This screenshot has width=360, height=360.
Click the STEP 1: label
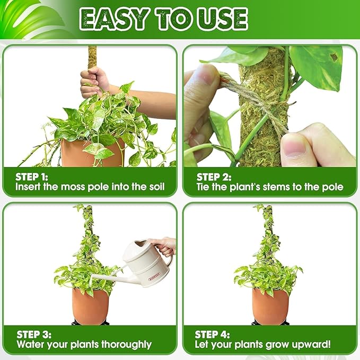[x=33, y=177]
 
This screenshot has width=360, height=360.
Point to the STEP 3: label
[x=33, y=335]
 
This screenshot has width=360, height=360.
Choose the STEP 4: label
[x=213, y=335]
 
